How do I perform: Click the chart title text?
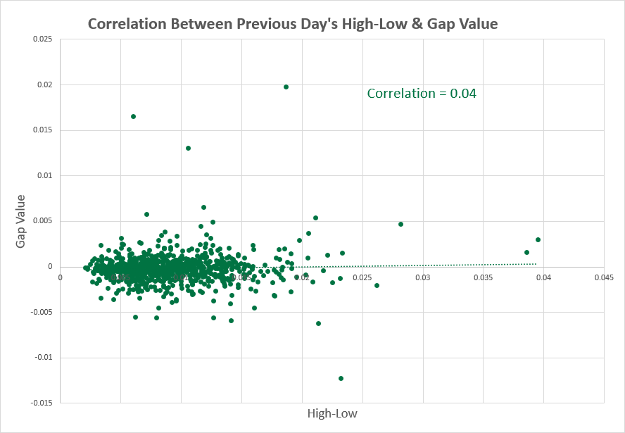pyautogui.click(x=292, y=24)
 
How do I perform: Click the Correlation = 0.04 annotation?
pyautogui.click(x=422, y=93)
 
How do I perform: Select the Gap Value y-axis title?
pyautogui.click(x=22, y=221)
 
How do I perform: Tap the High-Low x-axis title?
pyautogui.click(x=332, y=414)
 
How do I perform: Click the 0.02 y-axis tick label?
pyautogui.click(x=44, y=85)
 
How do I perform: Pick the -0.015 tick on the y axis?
pyautogui.click(x=41, y=403)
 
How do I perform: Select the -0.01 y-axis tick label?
pyautogui.click(x=43, y=358)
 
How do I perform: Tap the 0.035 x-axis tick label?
pyautogui.click(x=484, y=277)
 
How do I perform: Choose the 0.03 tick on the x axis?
pyautogui.click(x=423, y=277)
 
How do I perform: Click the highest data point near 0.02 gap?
pyautogui.click(x=286, y=87)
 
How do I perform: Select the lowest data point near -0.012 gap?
pyautogui.click(x=341, y=378)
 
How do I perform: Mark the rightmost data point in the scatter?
pyautogui.click(x=538, y=239)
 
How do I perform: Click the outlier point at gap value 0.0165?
pyautogui.click(x=133, y=116)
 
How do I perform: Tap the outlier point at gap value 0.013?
pyautogui.click(x=188, y=148)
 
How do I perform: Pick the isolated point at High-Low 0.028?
pyautogui.click(x=400, y=224)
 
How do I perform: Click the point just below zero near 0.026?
pyautogui.click(x=377, y=285)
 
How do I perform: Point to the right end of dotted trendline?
pyautogui.click(x=536, y=264)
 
